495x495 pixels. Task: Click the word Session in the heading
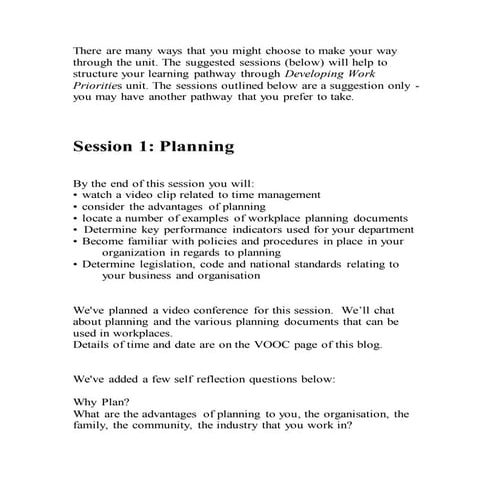(108, 147)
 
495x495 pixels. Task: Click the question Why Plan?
(96, 402)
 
